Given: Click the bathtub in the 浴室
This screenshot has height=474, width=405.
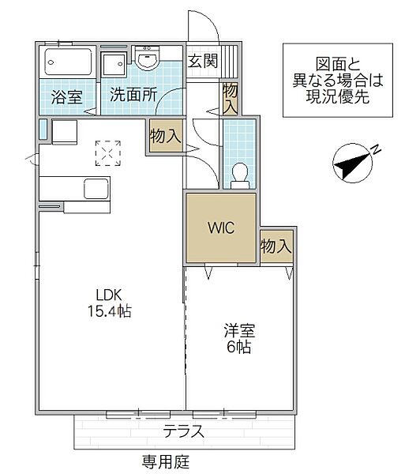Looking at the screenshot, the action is coord(68,62).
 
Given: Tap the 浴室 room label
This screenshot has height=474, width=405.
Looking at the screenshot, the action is coord(66,96).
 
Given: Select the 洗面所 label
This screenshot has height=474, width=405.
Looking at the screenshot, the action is coord(133,95).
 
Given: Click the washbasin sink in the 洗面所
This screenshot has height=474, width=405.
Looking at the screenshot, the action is coord(147,58).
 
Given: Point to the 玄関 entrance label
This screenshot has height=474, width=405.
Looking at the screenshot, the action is coord(203,61).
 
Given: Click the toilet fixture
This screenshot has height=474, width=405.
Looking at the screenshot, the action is coord(240,175).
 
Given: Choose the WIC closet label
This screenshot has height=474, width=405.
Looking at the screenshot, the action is coord(221,228).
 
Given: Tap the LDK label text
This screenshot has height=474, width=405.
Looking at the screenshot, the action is coord(109,295).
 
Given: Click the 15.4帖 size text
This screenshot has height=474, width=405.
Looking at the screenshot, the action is coord(109,310).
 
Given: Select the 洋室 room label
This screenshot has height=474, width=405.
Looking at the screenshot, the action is coord(239,331).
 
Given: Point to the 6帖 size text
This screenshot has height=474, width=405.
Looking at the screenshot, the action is coord(239,347).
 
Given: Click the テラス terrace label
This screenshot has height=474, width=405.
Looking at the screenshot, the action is coord(184,431).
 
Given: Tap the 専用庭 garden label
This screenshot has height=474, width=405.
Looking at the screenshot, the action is coord(166,461).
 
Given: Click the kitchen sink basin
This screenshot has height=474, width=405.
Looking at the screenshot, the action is coord(96,189).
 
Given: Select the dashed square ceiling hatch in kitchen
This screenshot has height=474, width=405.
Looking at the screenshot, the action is coord(108,153).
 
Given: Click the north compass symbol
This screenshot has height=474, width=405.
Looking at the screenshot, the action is coord(354,163).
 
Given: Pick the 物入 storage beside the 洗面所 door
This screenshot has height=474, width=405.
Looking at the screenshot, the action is coord(166,136).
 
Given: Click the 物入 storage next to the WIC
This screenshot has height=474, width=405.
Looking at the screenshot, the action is coord(276,246).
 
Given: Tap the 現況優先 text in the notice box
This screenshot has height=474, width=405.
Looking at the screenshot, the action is coord(338,96).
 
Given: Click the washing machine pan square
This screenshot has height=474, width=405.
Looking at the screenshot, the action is coord(113,64).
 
